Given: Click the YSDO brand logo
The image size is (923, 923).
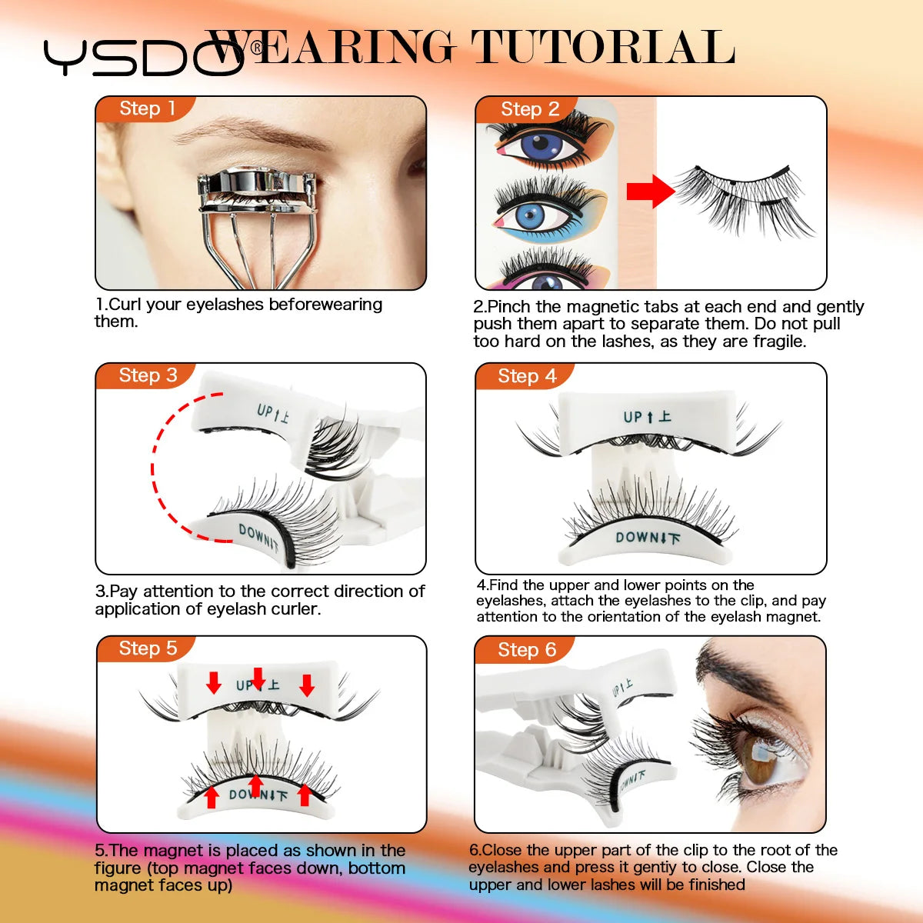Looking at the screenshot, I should [142, 58].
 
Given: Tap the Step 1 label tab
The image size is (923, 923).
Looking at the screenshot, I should [147, 108].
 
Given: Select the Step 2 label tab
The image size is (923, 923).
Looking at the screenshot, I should [529, 109].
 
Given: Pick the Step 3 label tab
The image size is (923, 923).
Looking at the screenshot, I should [147, 375].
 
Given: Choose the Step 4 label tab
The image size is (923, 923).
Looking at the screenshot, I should [526, 376].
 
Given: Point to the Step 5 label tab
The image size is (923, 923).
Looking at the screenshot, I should [147, 648].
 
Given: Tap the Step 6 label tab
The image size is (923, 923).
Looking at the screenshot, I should [526, 650].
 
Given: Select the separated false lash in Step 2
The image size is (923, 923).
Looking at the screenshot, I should [742, 196].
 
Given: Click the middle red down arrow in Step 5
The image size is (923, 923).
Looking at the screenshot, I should [258, 678].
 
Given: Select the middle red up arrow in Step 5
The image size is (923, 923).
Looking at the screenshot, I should [257, 785].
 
